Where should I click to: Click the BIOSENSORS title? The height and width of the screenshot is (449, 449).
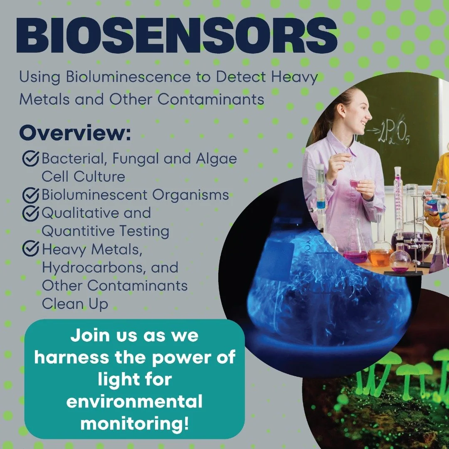point(177,37)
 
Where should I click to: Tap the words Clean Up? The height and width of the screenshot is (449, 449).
point(75,303)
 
